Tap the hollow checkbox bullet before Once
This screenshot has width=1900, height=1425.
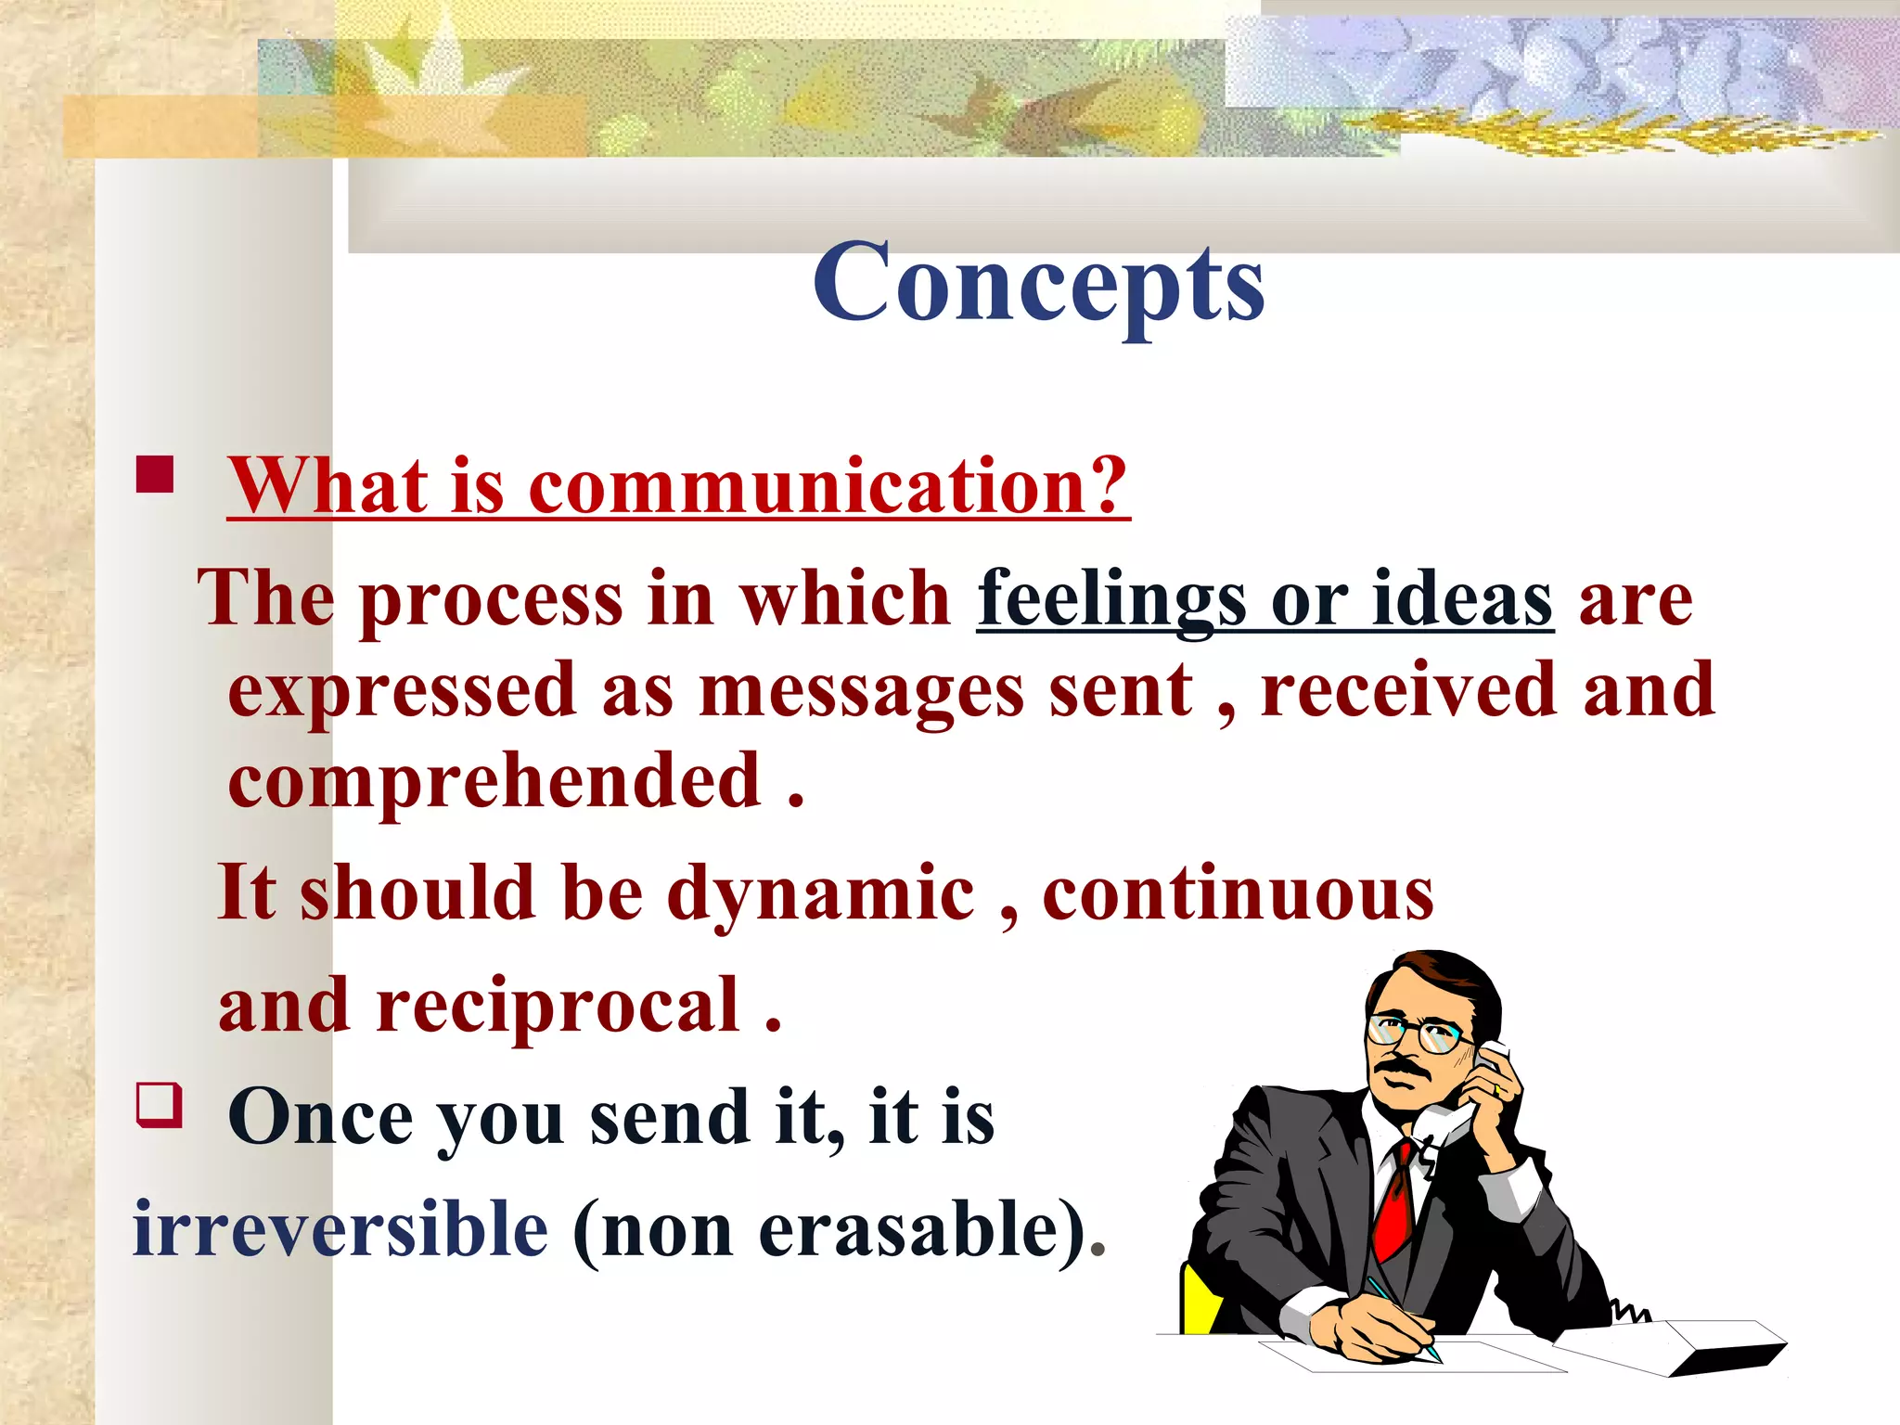coord(158,1104)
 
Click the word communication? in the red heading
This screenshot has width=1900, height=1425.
coord(828,486)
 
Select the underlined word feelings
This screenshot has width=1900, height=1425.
coord(1111,600)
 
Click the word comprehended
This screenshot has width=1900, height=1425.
coord(494,781)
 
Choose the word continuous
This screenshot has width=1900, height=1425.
coord(1238,894)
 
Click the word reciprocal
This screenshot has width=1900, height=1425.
coord(558,1006)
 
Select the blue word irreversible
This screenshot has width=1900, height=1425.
coord(340,1229)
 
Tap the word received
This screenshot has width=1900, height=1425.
coord(1407,691)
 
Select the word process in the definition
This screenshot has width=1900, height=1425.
coord(491,600)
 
